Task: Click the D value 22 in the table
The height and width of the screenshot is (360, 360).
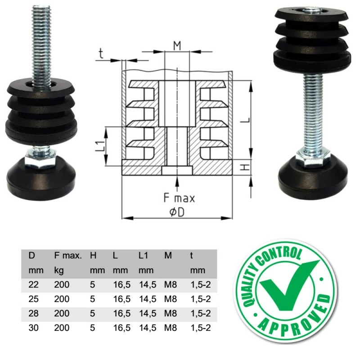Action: coord(34,284)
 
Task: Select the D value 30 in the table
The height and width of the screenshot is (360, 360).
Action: coord(34,328)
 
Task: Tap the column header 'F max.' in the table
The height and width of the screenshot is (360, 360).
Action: coord(68,256)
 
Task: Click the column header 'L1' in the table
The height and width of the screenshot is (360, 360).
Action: coord(144,256)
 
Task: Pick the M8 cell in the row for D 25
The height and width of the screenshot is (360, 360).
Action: coord(170,299)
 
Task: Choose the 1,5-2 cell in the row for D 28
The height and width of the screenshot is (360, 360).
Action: coord(200,313)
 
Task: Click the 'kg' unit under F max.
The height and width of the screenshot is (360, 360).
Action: coord(58,270)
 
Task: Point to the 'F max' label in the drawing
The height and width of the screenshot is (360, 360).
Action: coord(179,198)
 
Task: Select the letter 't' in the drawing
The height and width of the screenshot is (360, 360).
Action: coord(101,54)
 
